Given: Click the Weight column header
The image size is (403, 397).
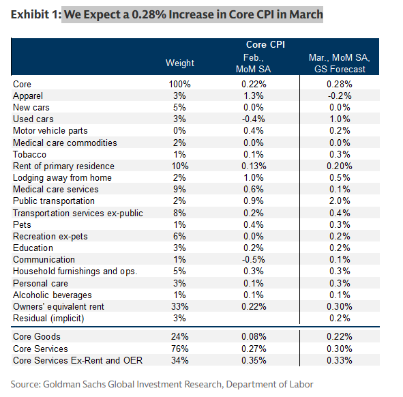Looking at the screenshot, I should click(180, 63).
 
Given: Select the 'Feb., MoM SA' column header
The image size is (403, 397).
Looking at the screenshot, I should click(256, 63).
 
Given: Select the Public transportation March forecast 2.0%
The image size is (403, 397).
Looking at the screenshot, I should click(339, 201).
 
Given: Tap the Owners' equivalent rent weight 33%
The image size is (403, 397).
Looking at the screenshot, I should click(180, 307).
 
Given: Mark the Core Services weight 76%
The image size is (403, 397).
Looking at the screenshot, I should click(180, 348).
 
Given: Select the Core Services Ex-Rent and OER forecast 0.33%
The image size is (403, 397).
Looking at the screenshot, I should click(339, 359).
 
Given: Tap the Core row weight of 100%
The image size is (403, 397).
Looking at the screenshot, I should click(180, 84).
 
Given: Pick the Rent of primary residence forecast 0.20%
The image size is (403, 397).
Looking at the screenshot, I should click(339, 166).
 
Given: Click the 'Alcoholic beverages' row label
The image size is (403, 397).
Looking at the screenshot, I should click(52, 295).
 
